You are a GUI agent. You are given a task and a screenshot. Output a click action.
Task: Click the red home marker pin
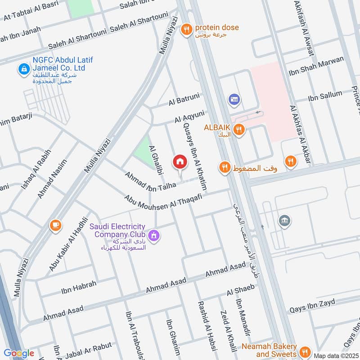tap(180, 162)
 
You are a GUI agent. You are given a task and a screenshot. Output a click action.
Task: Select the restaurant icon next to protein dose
tap(186, 30)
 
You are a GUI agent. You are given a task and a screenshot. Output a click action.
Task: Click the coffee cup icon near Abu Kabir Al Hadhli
tap(56, 225)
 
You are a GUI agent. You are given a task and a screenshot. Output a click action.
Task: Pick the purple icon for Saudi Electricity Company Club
tap(154, 235)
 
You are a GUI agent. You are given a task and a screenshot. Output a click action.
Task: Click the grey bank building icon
tap(284, 220)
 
